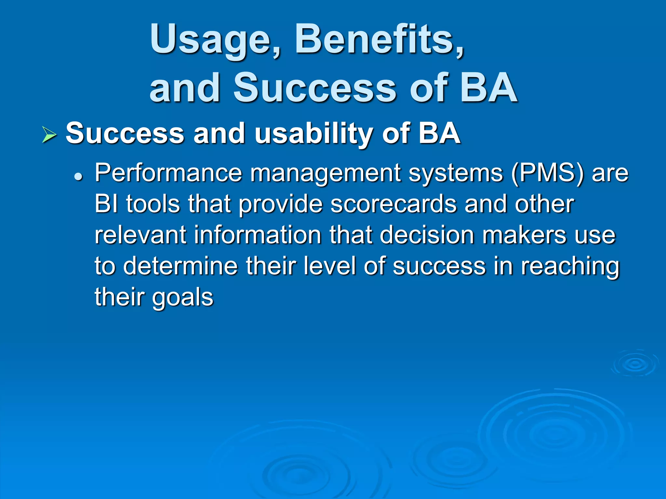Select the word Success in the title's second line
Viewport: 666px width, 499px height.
click(314, 88)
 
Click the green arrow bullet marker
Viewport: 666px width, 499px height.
click(49, 135)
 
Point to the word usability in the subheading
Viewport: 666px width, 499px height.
click(313, 134)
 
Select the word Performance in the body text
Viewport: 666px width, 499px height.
click(168, 173)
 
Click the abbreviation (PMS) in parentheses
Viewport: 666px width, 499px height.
click(547, 173)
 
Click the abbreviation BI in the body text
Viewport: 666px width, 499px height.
click(106, 204)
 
